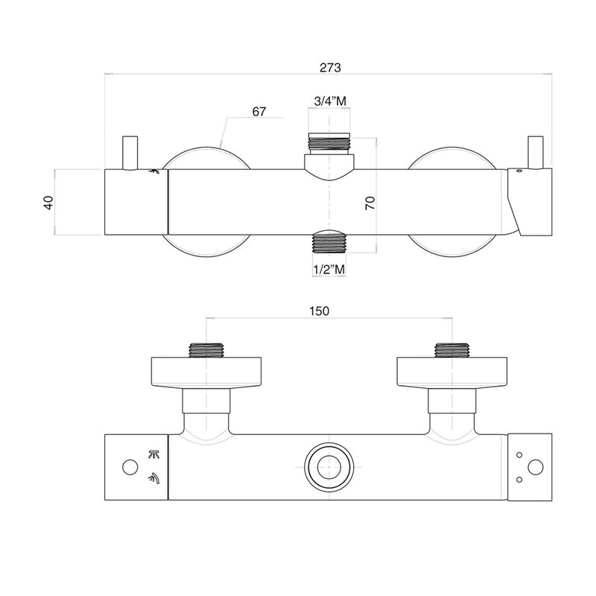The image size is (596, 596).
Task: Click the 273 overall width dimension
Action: pyautogui.click(x=330, y=67)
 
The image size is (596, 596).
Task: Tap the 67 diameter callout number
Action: pyautogui.click(x=259, y=111)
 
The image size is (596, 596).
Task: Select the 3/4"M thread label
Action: pyautogui.click(x=330, y=101)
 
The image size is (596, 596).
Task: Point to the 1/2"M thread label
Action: pyautogui.click(x=329, y=269)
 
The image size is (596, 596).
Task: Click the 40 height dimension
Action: pyautogui.click(x=49, y=202)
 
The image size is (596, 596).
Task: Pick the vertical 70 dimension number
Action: pyautogui.click(x=370, y=203)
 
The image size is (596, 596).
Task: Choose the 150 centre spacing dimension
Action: pyautogui.click(x=319, y=311)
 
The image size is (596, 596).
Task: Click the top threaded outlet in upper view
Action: pyautogui.click(x=329, y=144)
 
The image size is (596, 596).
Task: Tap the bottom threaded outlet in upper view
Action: pyautogui.click(x=329, y=244)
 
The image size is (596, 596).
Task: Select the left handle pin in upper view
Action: pyautogui.click(x=130, y=153)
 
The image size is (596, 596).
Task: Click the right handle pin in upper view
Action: pyautogui.click(x=536, y=152)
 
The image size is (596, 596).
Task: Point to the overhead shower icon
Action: pyautogui.click(x=154, y=454)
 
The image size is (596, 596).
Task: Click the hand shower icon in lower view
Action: pyautogui.click(x=154, y=478)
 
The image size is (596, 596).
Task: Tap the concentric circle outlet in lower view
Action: pyautogui.click(x=329, y=467)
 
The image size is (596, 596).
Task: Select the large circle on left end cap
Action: pyautogui.click(x=130, y=467)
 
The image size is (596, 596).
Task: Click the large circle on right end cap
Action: pyautogui.click(x=536, y=467)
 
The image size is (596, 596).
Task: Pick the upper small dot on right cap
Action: pyautogui.click(x=519, y=454)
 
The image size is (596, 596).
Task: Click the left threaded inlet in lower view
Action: pyautogui.click(x=206, y=350)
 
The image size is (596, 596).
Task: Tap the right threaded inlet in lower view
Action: pyautogui.click(x=451, y=350)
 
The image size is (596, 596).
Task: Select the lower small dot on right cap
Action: pyautogui.click(x=519, y=480)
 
